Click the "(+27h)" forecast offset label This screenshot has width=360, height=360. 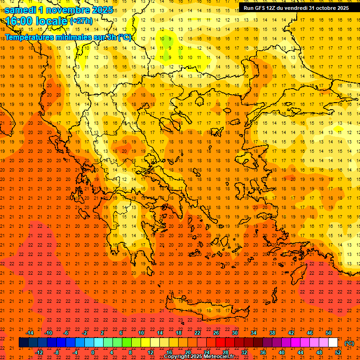click(x=81, y=21)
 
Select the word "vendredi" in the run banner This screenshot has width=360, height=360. click(x=293, y=8)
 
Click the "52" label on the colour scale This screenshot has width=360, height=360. click(x=337, y=352)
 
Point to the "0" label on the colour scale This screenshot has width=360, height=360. click(x=93, y=352)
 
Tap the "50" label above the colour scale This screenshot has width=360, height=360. click(x=328, y=333)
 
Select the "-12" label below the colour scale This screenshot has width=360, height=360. click(x=39, y=352)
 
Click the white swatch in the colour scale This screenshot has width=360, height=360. click(x=333, y=343)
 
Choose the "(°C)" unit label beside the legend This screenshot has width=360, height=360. click(x=349, y=343)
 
